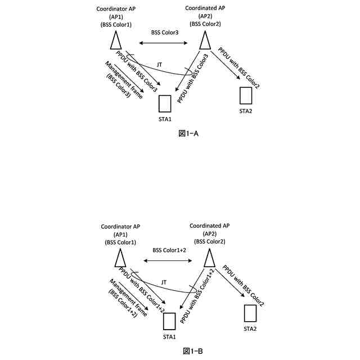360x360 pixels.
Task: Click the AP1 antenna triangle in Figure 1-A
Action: point(116,40)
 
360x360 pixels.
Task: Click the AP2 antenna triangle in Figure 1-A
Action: point(205,40)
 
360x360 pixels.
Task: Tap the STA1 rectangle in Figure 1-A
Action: point(165,104)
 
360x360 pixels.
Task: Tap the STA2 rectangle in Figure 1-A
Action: point(245,95)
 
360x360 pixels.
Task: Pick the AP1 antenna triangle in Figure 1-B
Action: point(120,258)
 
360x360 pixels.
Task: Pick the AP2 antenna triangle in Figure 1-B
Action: point(209,258)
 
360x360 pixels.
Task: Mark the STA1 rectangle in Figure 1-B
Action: point(169,321)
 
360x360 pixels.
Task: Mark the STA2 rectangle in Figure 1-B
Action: point(250,313)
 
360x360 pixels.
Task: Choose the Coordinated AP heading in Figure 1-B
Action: point(209,226)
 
